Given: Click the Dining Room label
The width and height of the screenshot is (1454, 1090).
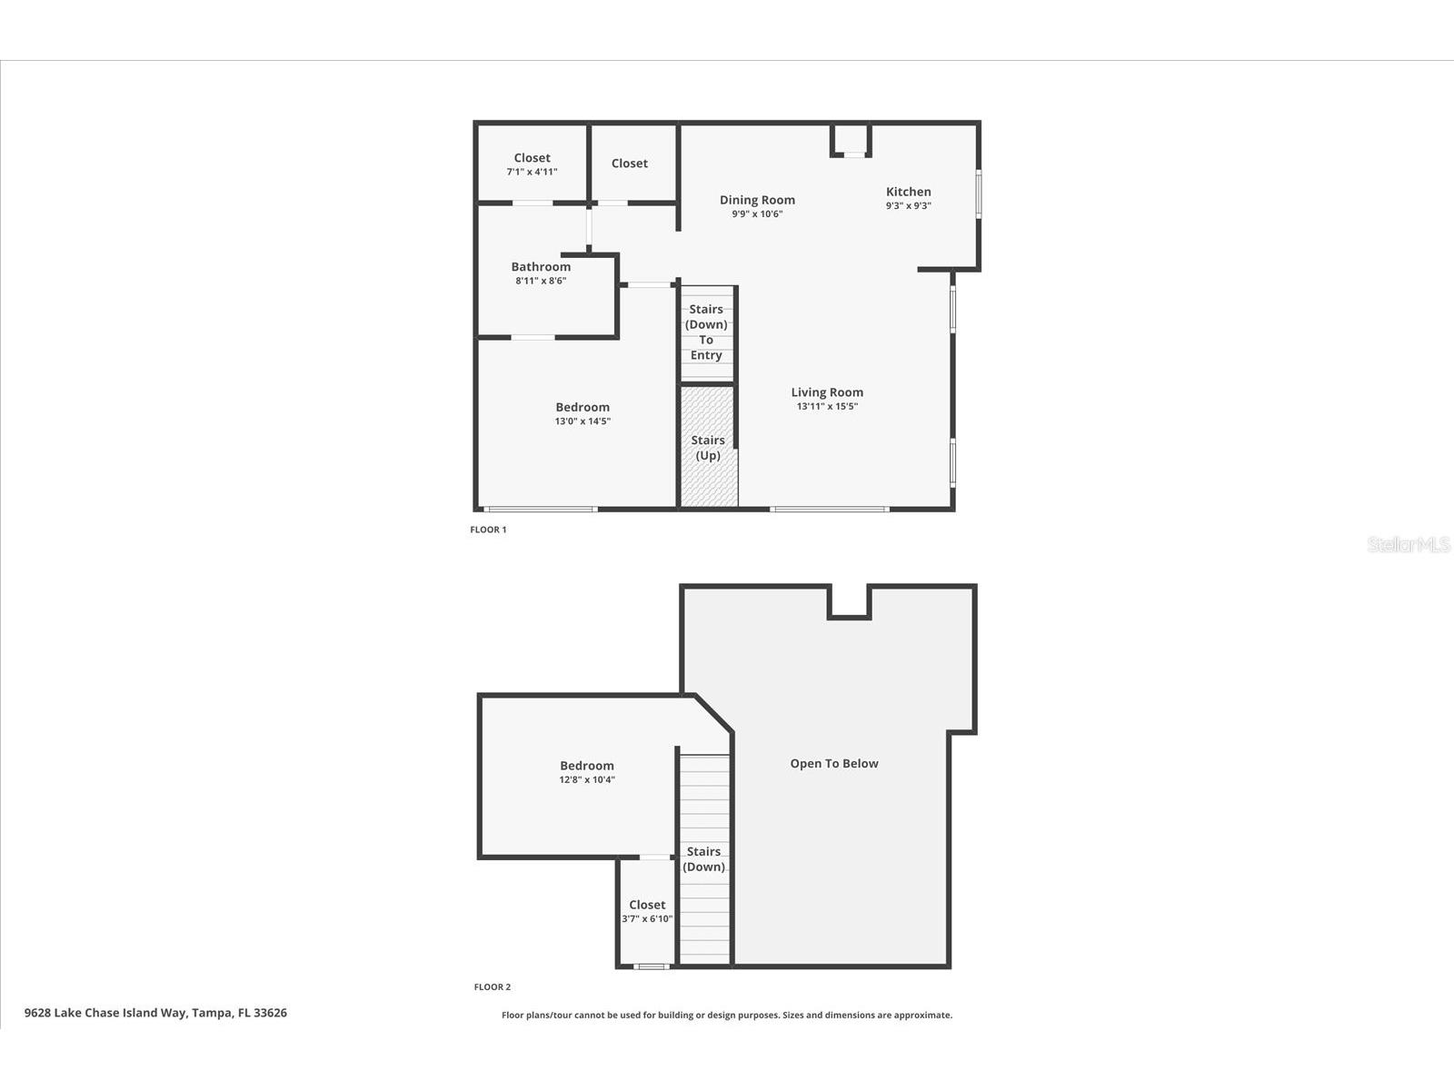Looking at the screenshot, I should tap(757, 200).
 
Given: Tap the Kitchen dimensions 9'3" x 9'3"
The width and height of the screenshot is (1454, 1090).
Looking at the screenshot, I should tap(908, 206).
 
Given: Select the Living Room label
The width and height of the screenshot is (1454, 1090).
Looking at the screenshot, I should tap(827, 392).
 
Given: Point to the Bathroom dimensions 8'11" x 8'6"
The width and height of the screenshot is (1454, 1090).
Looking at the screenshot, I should tap(541, 281).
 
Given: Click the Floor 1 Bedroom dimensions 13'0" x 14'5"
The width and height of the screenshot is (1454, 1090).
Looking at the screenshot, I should tap(583, 421).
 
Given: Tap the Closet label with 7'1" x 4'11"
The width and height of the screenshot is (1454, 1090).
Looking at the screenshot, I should tap(532, 158).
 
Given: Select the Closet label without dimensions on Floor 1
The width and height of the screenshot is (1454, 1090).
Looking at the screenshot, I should tap(629, 163).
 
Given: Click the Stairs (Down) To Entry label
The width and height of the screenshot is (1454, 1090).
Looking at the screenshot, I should tap(706, 332).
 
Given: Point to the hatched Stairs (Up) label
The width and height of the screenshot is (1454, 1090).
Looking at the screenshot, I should tap(708, 448).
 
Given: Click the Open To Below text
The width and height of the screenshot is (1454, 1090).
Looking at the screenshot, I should tap(833, 764).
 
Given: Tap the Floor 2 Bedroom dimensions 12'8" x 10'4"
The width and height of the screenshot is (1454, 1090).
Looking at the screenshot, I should tap(587, 779).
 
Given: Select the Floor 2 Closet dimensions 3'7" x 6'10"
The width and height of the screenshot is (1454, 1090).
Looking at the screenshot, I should tap(647, 919).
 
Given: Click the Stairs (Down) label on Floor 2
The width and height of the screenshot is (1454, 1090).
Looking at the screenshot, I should tap(704, 859).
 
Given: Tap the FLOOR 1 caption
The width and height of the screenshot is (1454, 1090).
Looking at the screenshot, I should tap(488, 530).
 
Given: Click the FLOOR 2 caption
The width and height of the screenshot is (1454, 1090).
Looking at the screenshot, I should tap(492, 987).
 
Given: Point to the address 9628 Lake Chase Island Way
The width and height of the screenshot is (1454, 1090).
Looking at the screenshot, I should tap(155, 1013).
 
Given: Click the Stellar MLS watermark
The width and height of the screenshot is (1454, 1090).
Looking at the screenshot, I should tap(1408, 545).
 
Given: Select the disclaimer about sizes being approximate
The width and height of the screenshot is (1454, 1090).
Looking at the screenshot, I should tap(727, 1016).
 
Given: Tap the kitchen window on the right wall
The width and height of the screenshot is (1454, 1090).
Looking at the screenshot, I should tap(979, 193).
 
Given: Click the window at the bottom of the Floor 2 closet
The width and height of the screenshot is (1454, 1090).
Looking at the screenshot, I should tap(650, 966).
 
